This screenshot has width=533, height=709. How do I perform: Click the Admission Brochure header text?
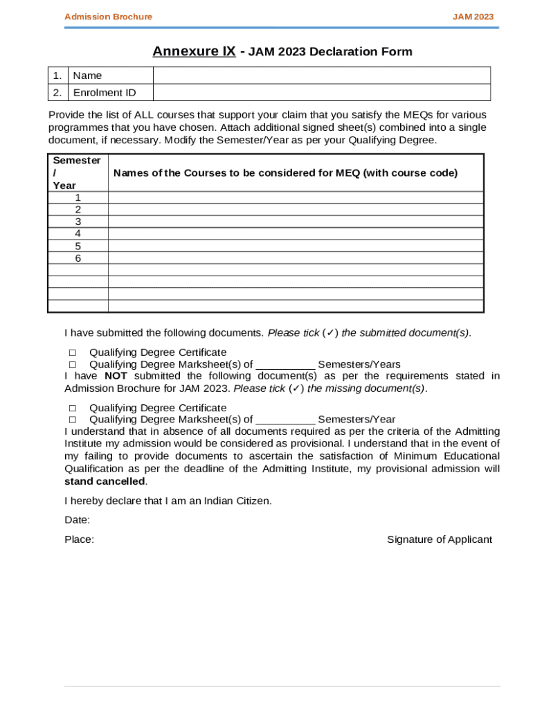click(108, 17)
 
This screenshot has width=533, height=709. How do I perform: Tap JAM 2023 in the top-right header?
click(473, 17)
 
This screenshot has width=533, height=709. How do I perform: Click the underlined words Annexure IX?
click(194, 51)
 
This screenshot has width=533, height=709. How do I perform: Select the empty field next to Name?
click(321, 75)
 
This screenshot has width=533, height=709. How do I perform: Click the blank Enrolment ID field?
click(321, 93)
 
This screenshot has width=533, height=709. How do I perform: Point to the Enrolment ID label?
click(105, 93)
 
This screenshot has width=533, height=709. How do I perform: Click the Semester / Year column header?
click(77, 172)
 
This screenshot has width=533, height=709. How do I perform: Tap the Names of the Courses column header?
click(285, 173)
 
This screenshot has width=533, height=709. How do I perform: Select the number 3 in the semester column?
click(78, 222)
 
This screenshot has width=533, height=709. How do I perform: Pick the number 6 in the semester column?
click(78, 258)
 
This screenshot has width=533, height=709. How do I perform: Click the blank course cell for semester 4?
click(296, 234)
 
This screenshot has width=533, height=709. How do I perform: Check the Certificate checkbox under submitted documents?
click(72, 352)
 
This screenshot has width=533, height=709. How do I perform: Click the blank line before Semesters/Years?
click(285, 365)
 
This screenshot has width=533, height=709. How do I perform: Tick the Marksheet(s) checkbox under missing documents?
click(72, 420)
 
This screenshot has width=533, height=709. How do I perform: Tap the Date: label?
click(78, 520)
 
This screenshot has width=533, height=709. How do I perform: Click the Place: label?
click(80, 539)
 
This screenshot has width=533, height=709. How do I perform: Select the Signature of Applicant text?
click(440, 539)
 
